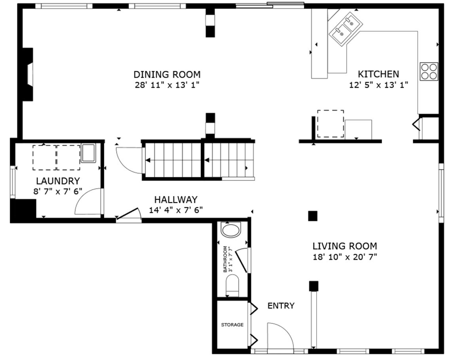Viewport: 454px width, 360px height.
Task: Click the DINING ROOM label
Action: coord(167,74)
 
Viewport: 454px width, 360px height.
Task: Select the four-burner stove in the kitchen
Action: coord(429,72)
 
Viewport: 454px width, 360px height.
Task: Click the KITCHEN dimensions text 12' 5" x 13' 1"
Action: coord(378,84)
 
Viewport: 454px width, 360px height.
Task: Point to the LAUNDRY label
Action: coord(58,181)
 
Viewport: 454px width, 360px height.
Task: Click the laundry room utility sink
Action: coord(88,153)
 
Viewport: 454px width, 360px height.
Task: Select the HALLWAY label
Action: coord(176,200)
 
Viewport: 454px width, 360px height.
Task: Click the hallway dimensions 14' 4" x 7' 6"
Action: coord(176,210)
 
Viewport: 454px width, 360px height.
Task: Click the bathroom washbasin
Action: coord(231,230)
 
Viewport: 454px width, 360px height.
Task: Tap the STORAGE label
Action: coord(232,325)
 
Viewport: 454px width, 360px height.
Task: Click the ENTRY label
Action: coord(281,306)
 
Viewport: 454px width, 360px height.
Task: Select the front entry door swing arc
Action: coord(279,336)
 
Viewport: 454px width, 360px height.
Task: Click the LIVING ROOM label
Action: coord(345,246)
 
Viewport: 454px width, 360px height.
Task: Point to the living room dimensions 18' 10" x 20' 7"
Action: coord(345,256)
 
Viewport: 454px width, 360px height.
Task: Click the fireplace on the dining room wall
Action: coord(28,74)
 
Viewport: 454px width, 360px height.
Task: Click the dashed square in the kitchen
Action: coord(331,124)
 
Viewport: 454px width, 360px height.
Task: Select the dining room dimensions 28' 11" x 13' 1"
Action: coord(167,85)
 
